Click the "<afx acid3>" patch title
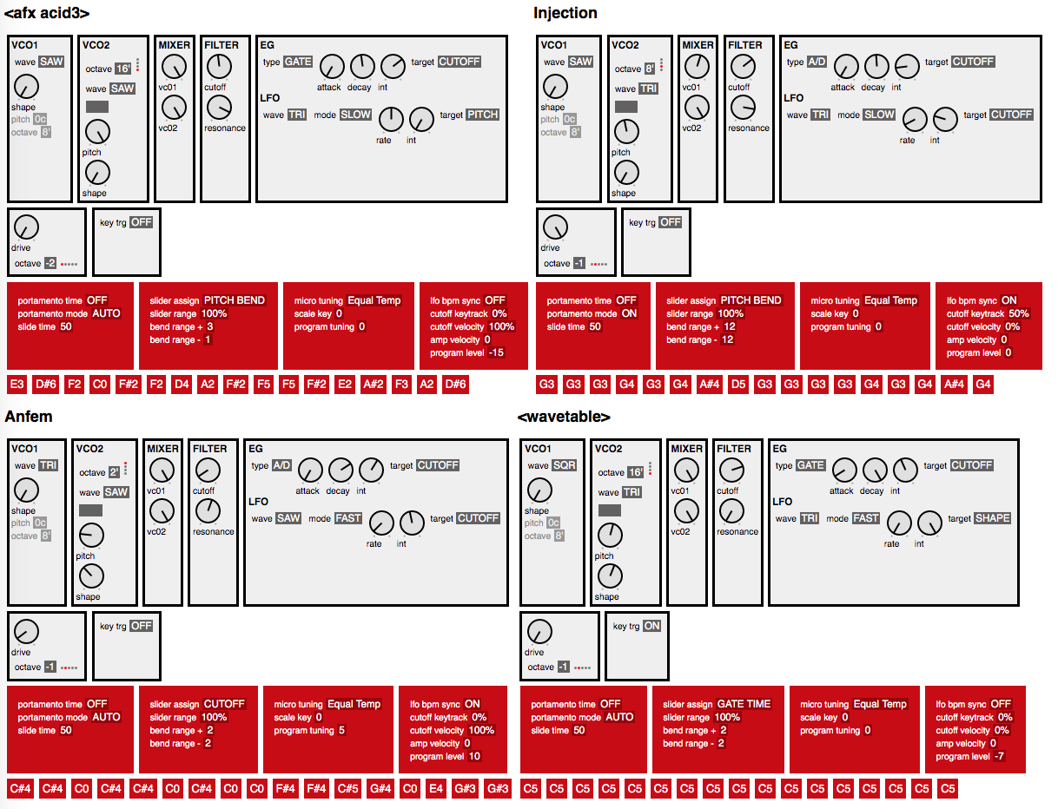pyautogui.click(x=47, y=13)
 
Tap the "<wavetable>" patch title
pyautogui.click(x=564, y=417)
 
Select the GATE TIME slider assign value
pyautogui.click(x=744, y=704)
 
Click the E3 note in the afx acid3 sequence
pyautogui.click(x=17, y=385)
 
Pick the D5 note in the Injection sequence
pyautogui.click(x=738, y=385)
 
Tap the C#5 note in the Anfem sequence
pyautogui.click(x=347, y=788)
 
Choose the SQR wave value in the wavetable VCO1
pyautogui.click(x=564, y=466)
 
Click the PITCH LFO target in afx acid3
pyautogui.click(x=482, y=115)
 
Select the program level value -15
pyautogui.click(x=496, y=352)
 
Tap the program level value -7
pyautogui.click(x=999, y=756)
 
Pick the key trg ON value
pyautogui.click(x=651, y=626)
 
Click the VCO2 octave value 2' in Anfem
pyautogui.click(x=114, y=473)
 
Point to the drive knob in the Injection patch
pyautogui.click(x=554, y=228)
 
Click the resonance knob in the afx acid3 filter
pyautogui.click(x=220, y=108)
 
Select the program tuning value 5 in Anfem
pyautogui.click(x=341, y=730)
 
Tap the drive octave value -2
pyautogui.click(x=51, y=263)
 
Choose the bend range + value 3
pyautogui.click(x=209, y=326)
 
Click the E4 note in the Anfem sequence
pyautogui.click(x=437, y=788)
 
